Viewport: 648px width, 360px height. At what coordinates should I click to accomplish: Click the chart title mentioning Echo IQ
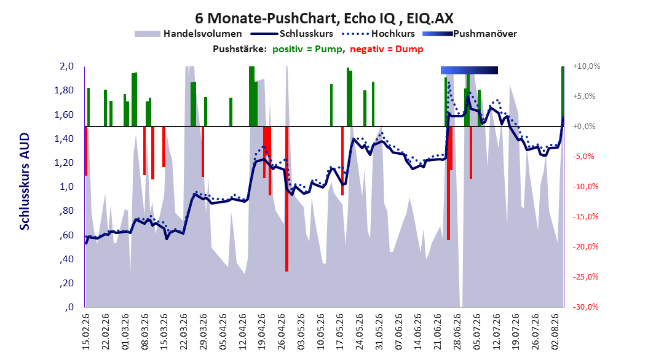pyautogui.click(x=324, y=18)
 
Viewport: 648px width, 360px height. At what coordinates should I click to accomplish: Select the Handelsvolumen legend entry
pyautogui.click(x=188, y=34)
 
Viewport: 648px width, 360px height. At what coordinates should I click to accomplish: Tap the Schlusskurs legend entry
pyautogui.click(x=293, y=34)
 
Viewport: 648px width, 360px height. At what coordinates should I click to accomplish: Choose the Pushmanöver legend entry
pyautogui.click(x=470, y=34)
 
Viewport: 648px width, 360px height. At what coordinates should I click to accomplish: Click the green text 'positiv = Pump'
pyautogui.click(x=307, y=49)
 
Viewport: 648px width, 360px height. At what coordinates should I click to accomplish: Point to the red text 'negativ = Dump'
pyautogui.click(x=387, y=49)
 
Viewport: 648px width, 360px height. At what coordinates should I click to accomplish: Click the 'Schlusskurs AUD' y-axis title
pyautogui.click(x=25, y=181)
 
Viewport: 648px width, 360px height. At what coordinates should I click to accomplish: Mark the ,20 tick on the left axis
pyautogui.click(x=67, y=283)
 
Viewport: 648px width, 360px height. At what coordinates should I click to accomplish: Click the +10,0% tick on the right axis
pyautogui.click(x=587, y=66)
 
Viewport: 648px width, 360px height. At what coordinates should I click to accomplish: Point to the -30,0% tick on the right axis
pyautogui.click(x=585, y=307)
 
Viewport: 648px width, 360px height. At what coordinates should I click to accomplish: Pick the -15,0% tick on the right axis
pyautogui.click(x=585, y=217)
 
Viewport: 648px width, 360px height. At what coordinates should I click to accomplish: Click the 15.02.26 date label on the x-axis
pyautogui.click(x=85, y=331)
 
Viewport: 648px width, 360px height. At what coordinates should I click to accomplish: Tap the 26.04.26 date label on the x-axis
pyautogui.click(x=282, y=331)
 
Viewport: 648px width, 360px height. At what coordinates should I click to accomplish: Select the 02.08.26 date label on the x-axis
pyautogui.click(x=555, y=331)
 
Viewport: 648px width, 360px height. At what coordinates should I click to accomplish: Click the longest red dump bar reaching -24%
pyautogui.click(x=287, y=198)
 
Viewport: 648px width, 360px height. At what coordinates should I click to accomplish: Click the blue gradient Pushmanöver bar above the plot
pyautogui.click(x=469, y=70)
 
